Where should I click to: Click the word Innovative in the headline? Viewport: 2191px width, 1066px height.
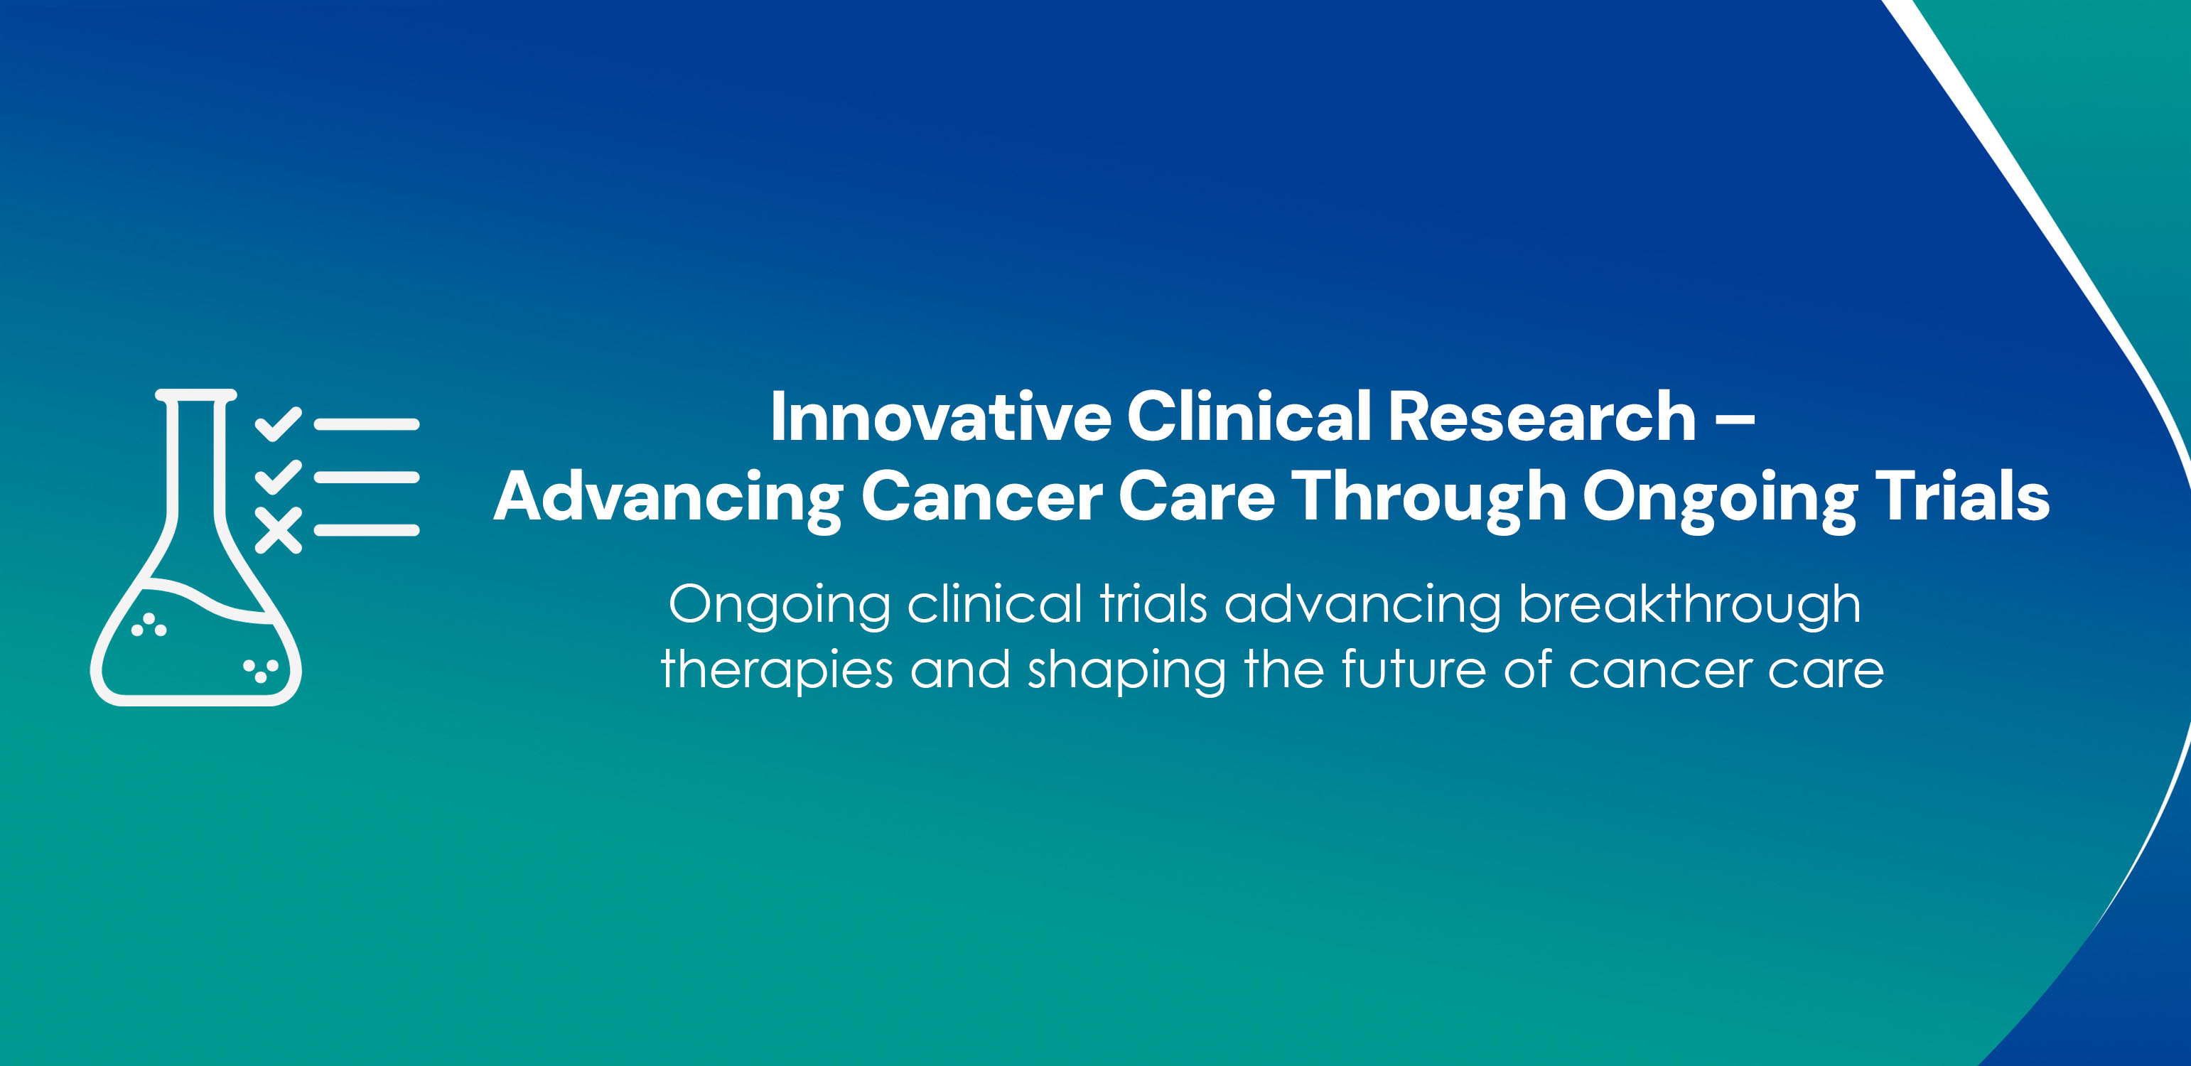(940, 417)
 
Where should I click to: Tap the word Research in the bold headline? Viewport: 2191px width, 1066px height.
(1542, 417)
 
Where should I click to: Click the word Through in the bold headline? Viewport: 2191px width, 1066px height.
(1428, 497)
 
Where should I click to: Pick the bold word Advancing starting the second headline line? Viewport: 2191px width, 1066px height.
(669, 497)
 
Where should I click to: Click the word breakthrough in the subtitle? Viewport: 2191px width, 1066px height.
(1689, 605)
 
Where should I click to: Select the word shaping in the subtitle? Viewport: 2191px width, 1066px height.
(1127, 672)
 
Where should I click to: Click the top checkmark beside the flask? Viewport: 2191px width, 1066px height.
(278, 424)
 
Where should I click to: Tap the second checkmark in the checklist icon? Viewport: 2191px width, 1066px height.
(278, 476)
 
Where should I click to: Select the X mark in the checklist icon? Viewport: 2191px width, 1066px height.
(278, 530)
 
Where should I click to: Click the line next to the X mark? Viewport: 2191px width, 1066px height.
(367, 530)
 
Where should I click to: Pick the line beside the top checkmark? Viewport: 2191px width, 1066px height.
(367, 424)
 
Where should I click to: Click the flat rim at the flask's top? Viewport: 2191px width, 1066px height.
(195, 394)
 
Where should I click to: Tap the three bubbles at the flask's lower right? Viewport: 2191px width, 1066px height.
(261, 670)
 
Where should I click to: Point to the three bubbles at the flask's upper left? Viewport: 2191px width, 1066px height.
(149, 625)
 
